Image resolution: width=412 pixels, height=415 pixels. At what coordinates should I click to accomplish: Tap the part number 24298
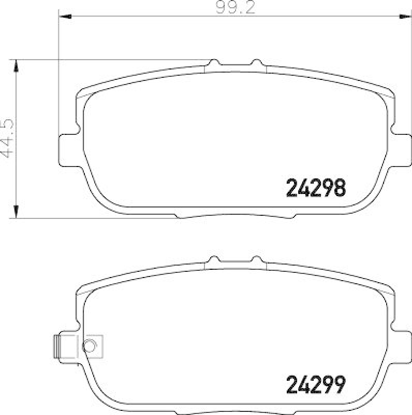(x=316, y=188)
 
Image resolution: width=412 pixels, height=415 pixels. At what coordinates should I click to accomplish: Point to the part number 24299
(x=316, y=384)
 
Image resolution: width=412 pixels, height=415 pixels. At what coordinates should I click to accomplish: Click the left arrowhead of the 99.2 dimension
(x=64, y=17)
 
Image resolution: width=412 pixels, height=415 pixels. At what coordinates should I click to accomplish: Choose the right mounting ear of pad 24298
(x=401, y=149)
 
